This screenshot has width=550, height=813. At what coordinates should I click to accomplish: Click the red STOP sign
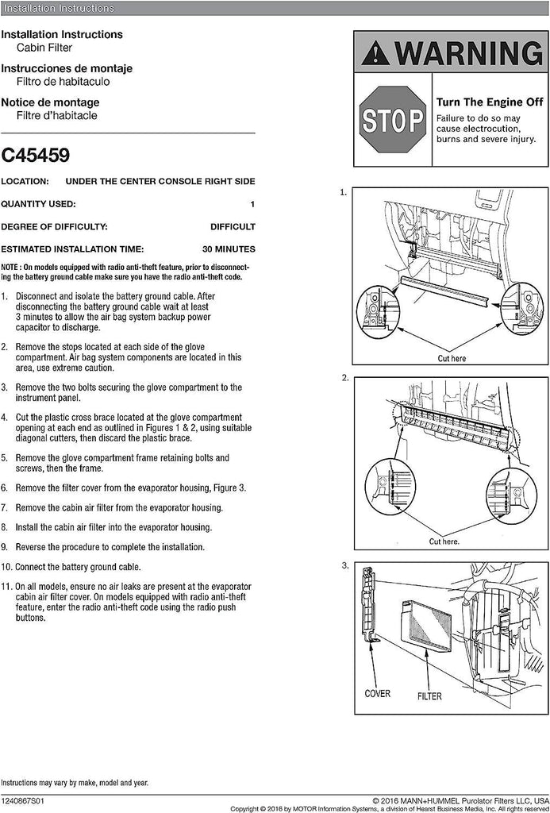click(x=392, y=121)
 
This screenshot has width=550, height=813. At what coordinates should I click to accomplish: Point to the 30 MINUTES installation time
click(x=229, y=249)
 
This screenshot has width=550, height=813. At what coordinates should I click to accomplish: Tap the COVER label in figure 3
click(x=377, y=693)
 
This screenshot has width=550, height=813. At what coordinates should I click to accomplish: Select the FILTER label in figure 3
click(x=429, y=696)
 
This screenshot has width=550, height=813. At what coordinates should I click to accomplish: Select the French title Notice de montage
click(x=50, y=102)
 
